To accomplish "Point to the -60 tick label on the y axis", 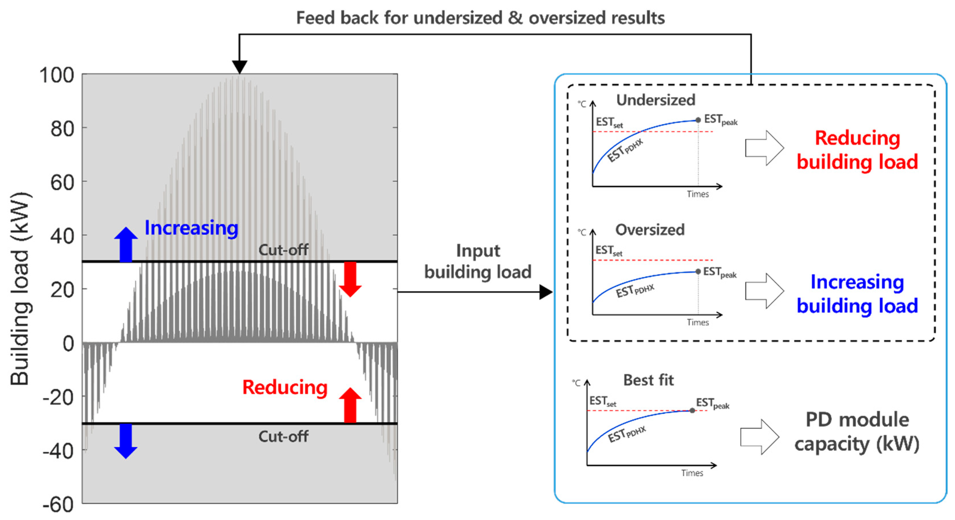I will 58,505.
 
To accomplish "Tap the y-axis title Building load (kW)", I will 20,289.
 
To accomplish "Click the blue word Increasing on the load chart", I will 191,228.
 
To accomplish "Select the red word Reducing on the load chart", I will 285,387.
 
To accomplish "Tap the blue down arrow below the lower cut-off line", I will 126,441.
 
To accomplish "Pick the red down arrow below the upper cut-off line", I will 350,279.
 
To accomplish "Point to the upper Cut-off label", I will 283,250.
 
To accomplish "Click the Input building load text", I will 477,261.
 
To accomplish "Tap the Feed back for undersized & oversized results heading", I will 480,18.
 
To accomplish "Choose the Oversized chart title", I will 650,230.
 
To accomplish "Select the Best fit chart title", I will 648,380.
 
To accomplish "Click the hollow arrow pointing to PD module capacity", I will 759,437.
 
